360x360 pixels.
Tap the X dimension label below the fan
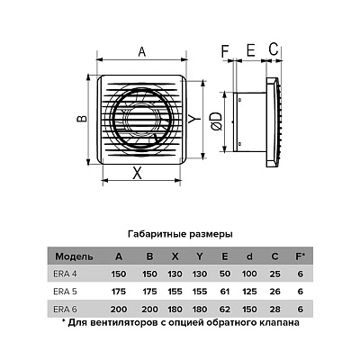(x=137, y=173)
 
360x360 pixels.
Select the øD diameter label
(x=217, y=121)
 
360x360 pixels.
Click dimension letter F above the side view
(x=225, y=50)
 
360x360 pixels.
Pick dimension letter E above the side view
(x=251, y=50)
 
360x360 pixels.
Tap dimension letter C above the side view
(x=274, y=49)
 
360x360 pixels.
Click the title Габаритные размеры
(x=180, y=234)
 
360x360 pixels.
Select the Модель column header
(x=74, y=256)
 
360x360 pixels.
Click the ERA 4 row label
(x=65, y=274)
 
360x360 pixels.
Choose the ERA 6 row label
(x=65, y=309)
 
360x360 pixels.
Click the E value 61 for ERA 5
(x=225, y=292)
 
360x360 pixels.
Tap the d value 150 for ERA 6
(x=249, y=309)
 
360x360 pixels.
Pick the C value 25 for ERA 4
(x=275, y=274)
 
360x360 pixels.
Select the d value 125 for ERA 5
(x=249, y=292)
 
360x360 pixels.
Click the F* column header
(x=301, y=256)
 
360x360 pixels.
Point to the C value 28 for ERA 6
(x=275, y=309)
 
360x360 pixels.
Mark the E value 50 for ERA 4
(x=225, y=274)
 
